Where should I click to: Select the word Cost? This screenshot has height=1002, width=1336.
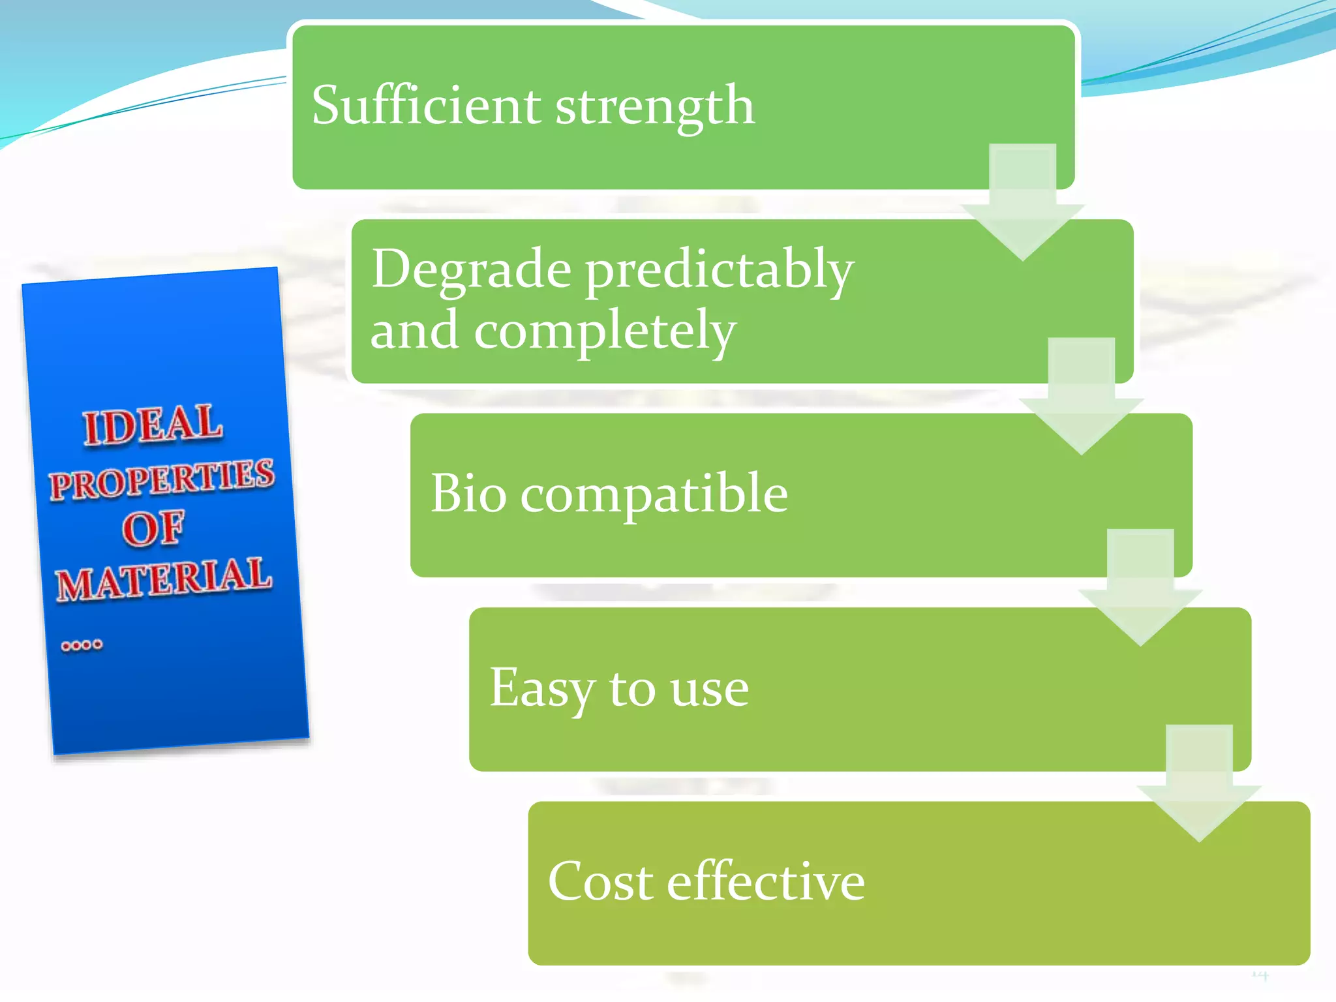pos(600,881)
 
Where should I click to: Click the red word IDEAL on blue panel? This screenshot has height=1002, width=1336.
pos(153,425)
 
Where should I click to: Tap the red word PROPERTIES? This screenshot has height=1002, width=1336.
pos(162,479)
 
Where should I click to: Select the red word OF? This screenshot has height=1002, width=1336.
pos(153,528)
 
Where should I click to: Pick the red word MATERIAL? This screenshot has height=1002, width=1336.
pos(162,578)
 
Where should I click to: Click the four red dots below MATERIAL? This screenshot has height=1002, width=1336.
pos(82,645)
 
